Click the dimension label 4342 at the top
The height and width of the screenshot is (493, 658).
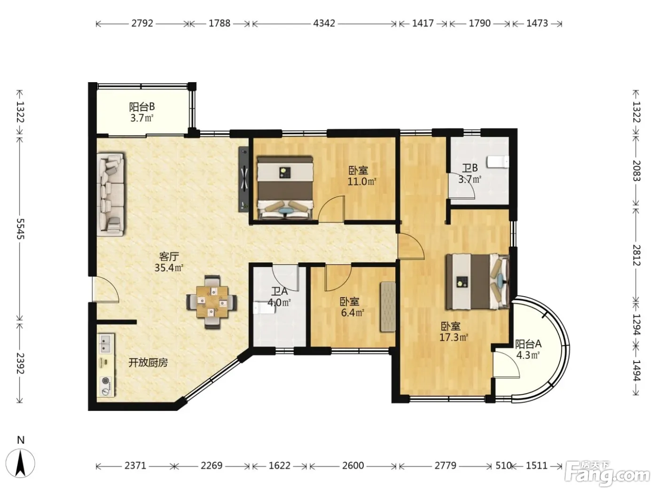pyautogui.click(x=324, y=23)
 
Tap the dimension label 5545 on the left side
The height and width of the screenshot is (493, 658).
pyautogui.click(x=20, y=228)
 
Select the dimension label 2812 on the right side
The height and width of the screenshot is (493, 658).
pyautogui.click(x=636, y=255)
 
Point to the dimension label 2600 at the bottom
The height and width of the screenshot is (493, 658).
pyautogui.click(x=353, y=465)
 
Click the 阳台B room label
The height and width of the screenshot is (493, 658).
pyautogui.click(x=142, y=107)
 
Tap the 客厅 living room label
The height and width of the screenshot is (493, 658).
pyautogui.click(x=169, y=256)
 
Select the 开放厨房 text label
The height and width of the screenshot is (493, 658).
pyautogui.click(x=148, y=363)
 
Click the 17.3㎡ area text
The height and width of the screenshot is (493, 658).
pyautogui.click(x=454, y=337)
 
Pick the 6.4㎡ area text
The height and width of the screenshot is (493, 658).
pyautogui.click(x=352, y=313)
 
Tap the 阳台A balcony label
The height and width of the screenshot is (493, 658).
pyautogui.click(x=528, y=344)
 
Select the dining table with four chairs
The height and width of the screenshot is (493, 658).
pyautogui.click(x=212, y=302)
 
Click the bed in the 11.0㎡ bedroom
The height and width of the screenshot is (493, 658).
pyautogui.click(x=285, y=188)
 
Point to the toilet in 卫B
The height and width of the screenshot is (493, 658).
pyautogui.click(x=498, y=162)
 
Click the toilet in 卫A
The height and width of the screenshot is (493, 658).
pyautogui.click(x=264, y=308)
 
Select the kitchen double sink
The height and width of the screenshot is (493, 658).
pyautogui.click(x=106, y=343)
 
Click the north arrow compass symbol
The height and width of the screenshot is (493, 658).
pyautogui.click(x=20, y=463)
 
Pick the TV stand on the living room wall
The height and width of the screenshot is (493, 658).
pyautogui.click(x=244, y=179)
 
